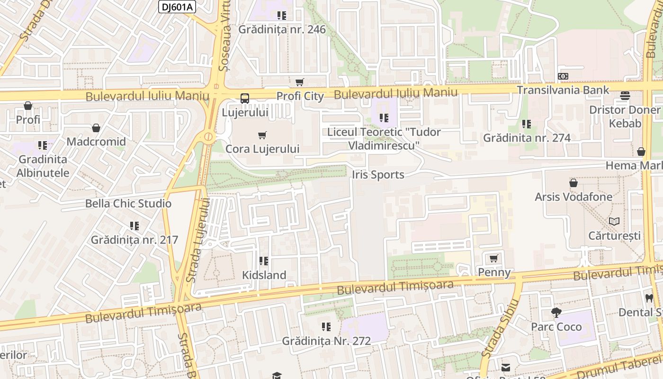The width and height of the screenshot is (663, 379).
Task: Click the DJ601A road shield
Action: [177, 7]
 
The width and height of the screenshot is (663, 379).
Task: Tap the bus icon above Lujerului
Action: [244, 99]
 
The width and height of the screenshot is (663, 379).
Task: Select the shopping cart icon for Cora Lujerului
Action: [262, 135]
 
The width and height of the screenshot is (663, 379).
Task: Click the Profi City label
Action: [300, 96]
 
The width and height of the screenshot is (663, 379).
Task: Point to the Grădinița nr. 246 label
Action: [282, 29]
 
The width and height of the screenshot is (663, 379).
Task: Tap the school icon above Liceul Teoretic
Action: [384, 117]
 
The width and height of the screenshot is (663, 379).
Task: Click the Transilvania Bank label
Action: [563, 90]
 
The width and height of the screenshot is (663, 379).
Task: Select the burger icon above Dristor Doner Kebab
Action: [625, 96]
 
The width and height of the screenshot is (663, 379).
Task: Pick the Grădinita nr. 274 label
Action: [527, 138]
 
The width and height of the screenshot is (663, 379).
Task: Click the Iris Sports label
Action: [378, 175]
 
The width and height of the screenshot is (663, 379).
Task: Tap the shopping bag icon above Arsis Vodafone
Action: [573, 183]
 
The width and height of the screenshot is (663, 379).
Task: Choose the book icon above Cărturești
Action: [614, 221]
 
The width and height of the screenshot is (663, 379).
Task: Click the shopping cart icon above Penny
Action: [494, 258]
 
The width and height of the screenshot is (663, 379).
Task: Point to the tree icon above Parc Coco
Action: [556, 312]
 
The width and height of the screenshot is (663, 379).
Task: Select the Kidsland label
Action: [264, 275]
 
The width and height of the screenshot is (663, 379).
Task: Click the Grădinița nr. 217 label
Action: [134, 240]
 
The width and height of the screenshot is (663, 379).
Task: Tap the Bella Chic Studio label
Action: [128, 204]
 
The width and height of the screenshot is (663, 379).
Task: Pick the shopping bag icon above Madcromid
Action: [96, 128]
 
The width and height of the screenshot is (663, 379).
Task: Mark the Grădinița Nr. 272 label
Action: [326, 341]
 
